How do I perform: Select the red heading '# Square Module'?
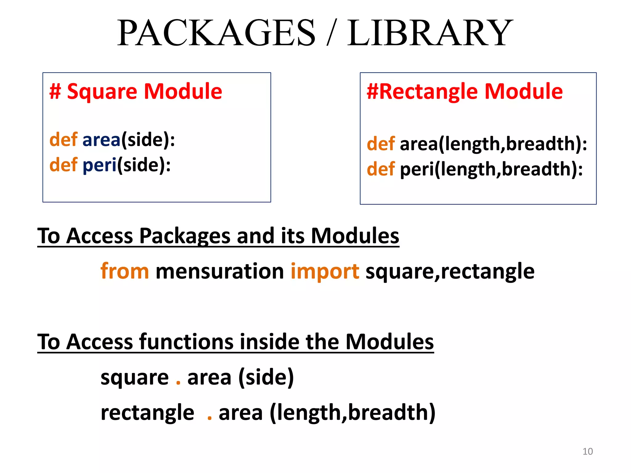[136, 91]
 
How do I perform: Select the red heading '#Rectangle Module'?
[465, 91]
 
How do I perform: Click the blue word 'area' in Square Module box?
[101, 140]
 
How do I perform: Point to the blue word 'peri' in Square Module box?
[100, 165]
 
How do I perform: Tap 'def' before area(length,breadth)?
[381, 144]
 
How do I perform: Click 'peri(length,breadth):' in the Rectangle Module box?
[491, 169]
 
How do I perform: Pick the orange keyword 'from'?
[125, 271]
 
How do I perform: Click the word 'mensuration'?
[220, 271]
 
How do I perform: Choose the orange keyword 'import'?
[325, 271]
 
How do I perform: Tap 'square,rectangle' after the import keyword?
[450, 271]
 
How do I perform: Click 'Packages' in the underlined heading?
[185, 236]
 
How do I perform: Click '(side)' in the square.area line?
[266, 378]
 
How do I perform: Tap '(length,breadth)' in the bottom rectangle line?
[352, 413]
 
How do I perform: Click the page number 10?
[588, 451]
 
